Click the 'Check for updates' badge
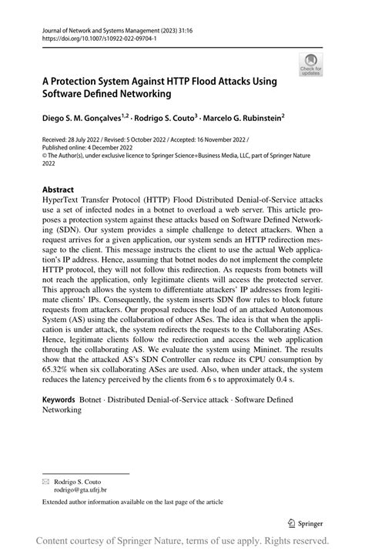tap(311, 64)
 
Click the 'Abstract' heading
tap(59, 190)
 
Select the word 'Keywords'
tap(59, 401)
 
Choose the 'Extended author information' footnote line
tap(132, 502)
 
